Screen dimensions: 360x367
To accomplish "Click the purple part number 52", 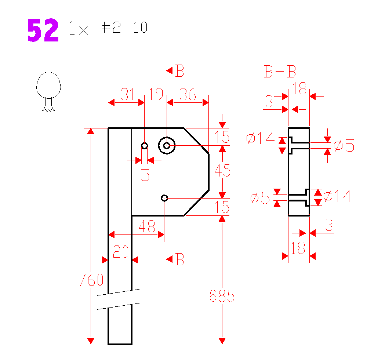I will [x=43, y=31].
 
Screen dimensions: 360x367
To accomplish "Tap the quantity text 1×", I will [x=79, y=29].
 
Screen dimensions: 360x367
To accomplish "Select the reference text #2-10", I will [x=125, y=28].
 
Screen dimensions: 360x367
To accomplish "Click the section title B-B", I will [x=280, y=72].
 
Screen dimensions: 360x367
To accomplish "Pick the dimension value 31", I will [x=128, y=95].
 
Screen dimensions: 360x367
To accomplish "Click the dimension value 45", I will [x=222, y=171].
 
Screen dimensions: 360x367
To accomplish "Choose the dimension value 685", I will [x=222, y=296].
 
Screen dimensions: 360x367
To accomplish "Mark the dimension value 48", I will [x=147, y=227].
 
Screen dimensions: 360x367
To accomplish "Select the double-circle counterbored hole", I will [x=167, y=146].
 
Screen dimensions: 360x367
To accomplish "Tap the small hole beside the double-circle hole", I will [x=145, y=146].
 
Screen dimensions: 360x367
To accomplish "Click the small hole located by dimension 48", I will [x=164, y=198].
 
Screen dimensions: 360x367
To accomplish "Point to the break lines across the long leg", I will [x=119, y=299].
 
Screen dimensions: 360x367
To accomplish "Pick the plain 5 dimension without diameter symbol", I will [x=145, y=175].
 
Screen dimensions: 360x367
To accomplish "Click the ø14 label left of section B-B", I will [x=261, y=138].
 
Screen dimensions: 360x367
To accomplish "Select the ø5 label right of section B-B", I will [x=344, y=146].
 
